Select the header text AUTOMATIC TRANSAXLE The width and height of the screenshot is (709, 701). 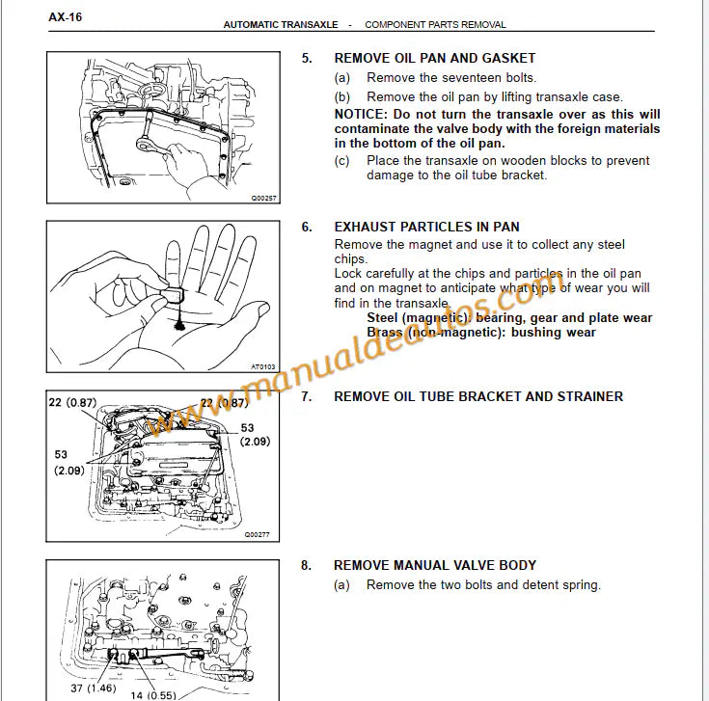tap(281, 25)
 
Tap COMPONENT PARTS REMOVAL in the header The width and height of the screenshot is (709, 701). tap(435, 25)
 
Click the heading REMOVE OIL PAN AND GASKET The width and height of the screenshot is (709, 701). tap(434, 58)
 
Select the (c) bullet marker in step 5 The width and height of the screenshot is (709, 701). tap(342, 161)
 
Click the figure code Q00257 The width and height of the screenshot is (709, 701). tap(262, 197)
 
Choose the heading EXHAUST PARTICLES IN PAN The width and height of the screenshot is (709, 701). tap(426, 228)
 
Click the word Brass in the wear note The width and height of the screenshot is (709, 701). tap(386, 333)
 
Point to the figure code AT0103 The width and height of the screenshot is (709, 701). tap(262, 366)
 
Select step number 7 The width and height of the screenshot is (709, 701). tap(307, 396)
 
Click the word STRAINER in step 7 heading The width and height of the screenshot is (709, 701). tap(587, 396)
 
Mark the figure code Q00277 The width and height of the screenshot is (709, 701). tap(258, 533)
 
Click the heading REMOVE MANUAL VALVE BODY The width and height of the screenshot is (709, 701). tap(434, 565)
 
